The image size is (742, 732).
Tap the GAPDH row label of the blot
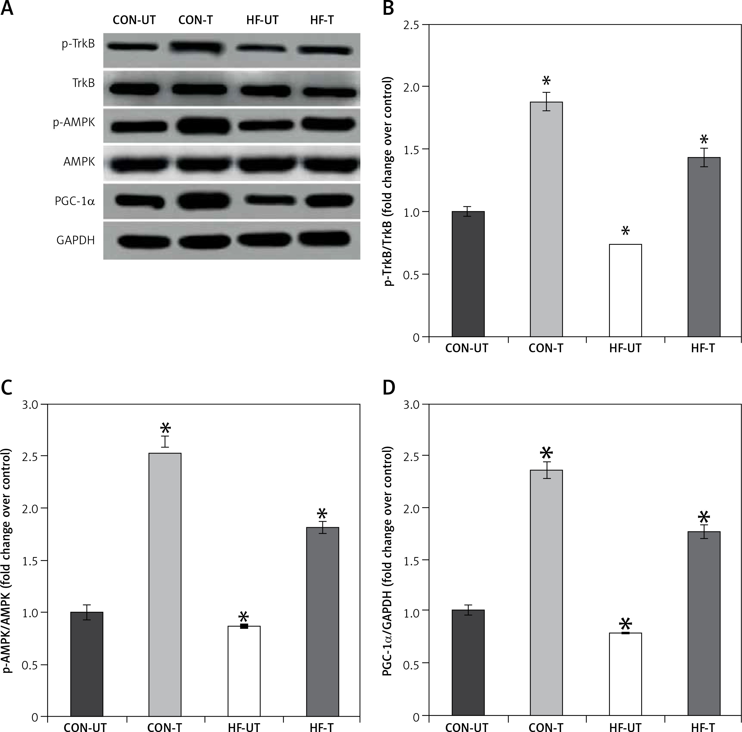click(x=75, y=240)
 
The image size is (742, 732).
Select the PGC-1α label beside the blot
click(x=75, y=201)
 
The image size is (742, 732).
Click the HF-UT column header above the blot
click(x=262, y=20)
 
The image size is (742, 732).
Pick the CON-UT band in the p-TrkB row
click(x=132, y=47)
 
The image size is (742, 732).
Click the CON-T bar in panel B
click(x=546, y=219)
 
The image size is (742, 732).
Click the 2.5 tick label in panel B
click(x=412, y=25)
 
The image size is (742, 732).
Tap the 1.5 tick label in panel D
click(x=412, y=560)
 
